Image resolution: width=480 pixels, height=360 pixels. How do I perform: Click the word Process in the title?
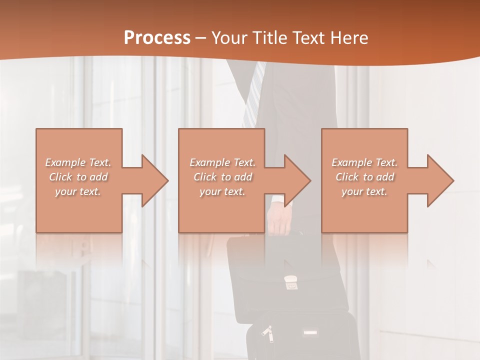click(x=157, y=38)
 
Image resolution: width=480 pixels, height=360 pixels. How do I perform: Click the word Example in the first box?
click(x=65, y=162)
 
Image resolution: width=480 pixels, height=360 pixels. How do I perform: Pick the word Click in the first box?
click(x=61, y=177)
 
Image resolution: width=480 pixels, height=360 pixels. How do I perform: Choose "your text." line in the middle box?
click(x=222, y=191)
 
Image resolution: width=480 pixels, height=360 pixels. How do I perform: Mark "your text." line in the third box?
click(x=364, y=191)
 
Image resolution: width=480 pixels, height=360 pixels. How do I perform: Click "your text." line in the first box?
click(x=78, y=191)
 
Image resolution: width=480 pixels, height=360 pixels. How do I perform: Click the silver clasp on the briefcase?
click(x=289, y=282)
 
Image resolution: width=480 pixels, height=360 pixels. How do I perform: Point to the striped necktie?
click(x=253, y=95)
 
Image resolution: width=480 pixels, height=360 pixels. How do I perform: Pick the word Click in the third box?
click(x=347, y=177)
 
